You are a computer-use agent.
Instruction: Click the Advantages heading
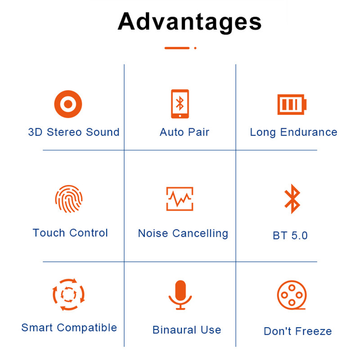[189, 22]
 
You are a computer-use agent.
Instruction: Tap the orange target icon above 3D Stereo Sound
[68, 104]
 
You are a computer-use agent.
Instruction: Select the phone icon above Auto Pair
[180, 104]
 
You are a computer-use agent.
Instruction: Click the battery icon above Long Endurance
[292, 104]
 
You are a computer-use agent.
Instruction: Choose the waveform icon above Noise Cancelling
[180, 198]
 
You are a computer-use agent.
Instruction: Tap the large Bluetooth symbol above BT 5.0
[292, 198]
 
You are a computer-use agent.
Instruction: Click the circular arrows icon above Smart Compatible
[68, 294]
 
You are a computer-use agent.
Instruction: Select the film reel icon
[291, 295]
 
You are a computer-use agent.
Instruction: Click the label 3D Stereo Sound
[74, 132]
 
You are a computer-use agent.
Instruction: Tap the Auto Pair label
[184, 132]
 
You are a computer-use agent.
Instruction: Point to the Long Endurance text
[293, 132]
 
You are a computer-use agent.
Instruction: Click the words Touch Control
[70, 233]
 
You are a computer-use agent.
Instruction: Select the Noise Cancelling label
[183, 234]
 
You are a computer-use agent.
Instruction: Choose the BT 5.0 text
[290, 235]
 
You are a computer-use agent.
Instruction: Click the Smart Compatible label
[69, 328]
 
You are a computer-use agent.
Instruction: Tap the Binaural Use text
[187, 330]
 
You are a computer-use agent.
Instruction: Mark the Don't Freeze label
[297, 332]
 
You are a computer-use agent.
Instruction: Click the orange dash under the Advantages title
[177, 48]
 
